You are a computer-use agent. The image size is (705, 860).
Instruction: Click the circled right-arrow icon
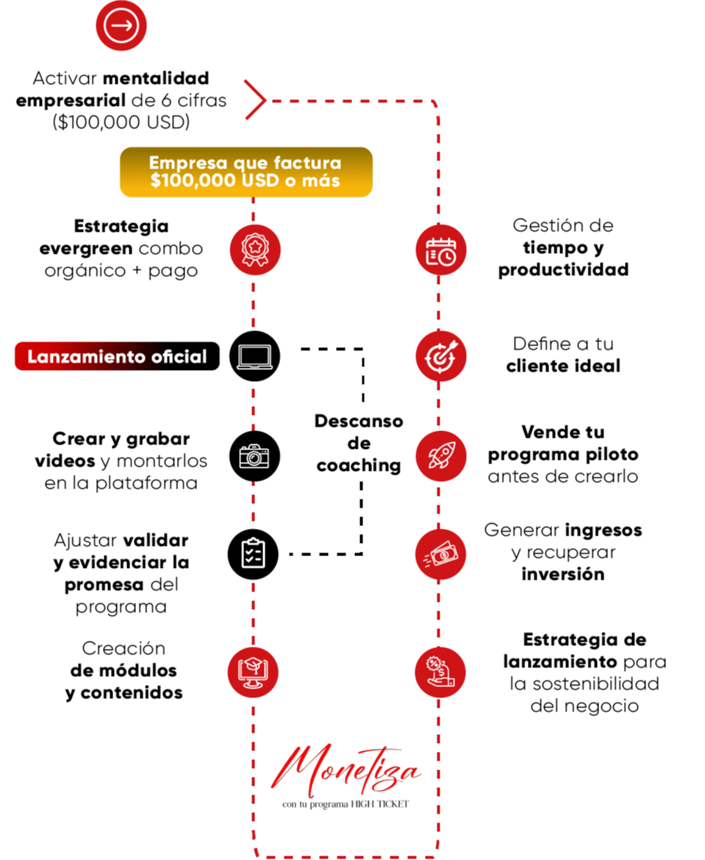[121, 26]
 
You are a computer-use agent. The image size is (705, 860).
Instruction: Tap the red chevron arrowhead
[255, 99]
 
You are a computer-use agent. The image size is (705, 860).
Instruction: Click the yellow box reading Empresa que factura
[246, 172]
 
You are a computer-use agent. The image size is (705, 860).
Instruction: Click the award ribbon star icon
[255, 250]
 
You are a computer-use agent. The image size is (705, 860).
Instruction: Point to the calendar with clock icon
[441, 250]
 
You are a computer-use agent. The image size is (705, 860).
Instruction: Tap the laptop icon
[254, 357]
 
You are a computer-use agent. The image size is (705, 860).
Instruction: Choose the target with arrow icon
[441, 356]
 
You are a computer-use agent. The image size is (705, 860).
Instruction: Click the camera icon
[254, 456]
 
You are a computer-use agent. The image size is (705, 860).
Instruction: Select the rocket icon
[441, 456]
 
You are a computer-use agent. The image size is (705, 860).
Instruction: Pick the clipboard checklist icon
[254, 553]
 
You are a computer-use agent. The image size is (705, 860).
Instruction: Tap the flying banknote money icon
[441, 554]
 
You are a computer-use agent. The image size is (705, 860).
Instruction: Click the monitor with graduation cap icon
[253, 672]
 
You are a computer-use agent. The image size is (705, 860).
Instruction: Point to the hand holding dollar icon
[440, 672]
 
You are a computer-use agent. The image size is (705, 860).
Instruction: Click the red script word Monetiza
[347, 772]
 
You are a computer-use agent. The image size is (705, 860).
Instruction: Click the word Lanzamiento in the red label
[86, 357]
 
